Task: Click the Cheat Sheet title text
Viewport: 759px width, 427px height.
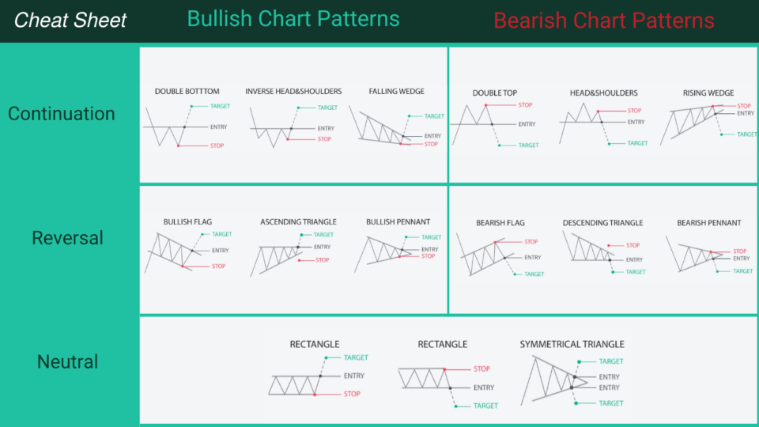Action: click(x=70, y=20)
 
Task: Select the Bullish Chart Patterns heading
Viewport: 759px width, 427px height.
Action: click(x=293, y=18)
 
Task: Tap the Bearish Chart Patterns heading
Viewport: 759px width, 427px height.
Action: click(x=604, y=21)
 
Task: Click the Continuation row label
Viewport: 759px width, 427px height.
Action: click(x=62, y=114)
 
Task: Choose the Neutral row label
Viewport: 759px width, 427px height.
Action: click(x=68, y=362)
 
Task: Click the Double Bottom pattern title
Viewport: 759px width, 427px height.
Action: click(x=187, y=92)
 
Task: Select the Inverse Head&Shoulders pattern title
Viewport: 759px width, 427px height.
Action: click(x=293, y=92)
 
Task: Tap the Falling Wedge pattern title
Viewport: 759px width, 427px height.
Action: click(x=396, y=92)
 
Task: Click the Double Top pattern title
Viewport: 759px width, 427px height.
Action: click(x=495, y=93)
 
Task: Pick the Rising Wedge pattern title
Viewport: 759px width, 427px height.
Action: click(x=708, y=93)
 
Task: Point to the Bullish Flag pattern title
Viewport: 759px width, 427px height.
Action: click(x=187, y=222)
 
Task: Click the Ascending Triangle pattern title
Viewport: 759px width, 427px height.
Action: click(x=298, y=222)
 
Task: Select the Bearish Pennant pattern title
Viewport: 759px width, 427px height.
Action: click(x=709, y=223)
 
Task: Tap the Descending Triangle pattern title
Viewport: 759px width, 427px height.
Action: click(x=602, y=223)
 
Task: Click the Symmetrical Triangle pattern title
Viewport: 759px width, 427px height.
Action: click(x=572, y=344)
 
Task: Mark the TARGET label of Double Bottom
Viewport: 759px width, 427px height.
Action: click(x=221, y=106)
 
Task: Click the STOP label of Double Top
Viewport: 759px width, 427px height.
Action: click(x=526, y=105)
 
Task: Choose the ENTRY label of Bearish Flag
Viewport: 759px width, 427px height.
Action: click(x=533, y=258)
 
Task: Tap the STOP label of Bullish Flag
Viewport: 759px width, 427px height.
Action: click(x=219, y=266)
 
